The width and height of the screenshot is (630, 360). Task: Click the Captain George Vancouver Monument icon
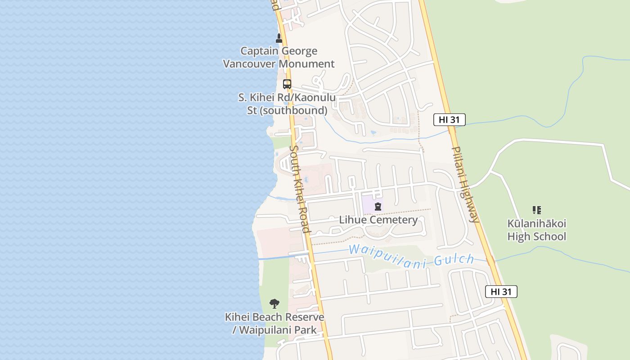[279, 38]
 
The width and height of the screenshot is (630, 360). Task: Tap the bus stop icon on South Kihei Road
[287, 84]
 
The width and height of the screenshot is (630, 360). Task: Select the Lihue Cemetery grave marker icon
[378, 207]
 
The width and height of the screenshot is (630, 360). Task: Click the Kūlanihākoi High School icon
[536, 210]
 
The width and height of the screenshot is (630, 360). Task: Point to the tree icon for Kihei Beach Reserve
[274, 304]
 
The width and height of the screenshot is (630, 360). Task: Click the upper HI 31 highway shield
[449, 120]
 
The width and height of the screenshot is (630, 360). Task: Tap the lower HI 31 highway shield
[501, 292]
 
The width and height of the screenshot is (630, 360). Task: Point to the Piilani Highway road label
[465, 184]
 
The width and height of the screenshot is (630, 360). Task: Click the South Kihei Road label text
[299, 189]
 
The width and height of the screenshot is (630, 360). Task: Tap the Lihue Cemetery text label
[378, 220]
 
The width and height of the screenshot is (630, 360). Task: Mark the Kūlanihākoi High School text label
[536, 230]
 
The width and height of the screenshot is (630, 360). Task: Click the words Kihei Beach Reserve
[274, 317]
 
